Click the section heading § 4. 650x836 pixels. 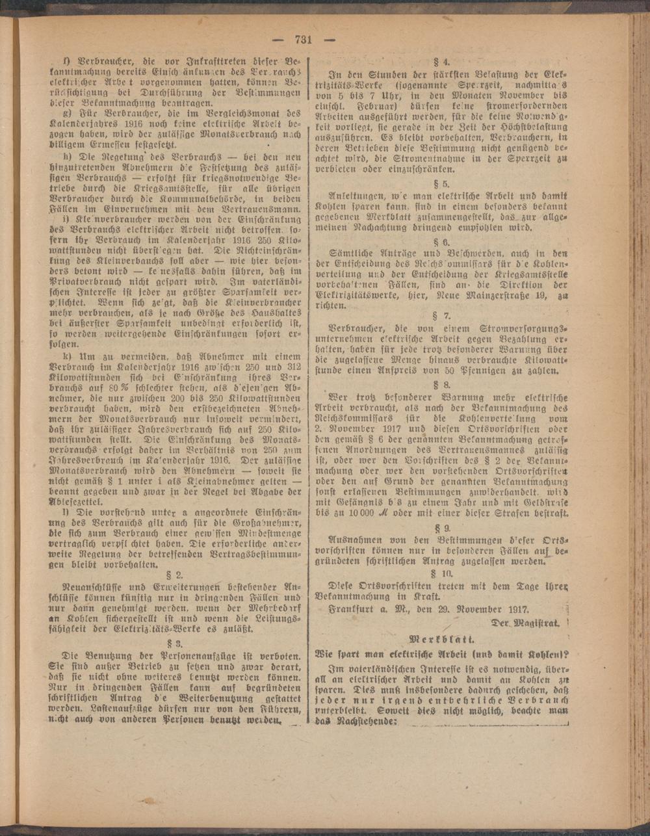pyautogui.click(x=442, y=62)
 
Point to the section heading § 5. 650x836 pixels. pyautogui.click(x=442, y=183)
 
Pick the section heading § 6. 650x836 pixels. pyautogui.click(x=442, y=242)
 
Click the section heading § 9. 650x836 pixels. pyautogui.click(x=442, y=528)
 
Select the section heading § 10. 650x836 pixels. pyautogui.click(x=442, y=573)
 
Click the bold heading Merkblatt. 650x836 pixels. pyautogui.click(x=441, y=638)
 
